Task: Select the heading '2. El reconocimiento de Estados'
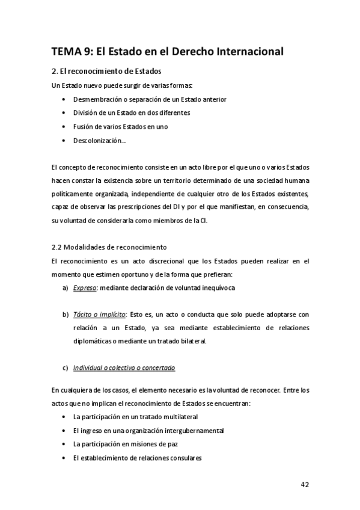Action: (106, 72)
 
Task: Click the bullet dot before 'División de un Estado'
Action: (64, 113)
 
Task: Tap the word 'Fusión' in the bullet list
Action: (84, 127)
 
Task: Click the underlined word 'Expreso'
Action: (85, 288)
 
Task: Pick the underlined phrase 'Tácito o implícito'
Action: (99, 315)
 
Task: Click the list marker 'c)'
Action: (65, 368)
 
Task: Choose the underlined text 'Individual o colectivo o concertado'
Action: (124, 368)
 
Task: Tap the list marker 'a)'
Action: (65, 288)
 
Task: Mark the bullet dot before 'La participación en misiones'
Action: (64, 444)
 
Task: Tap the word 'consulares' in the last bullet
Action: (183, 458)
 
